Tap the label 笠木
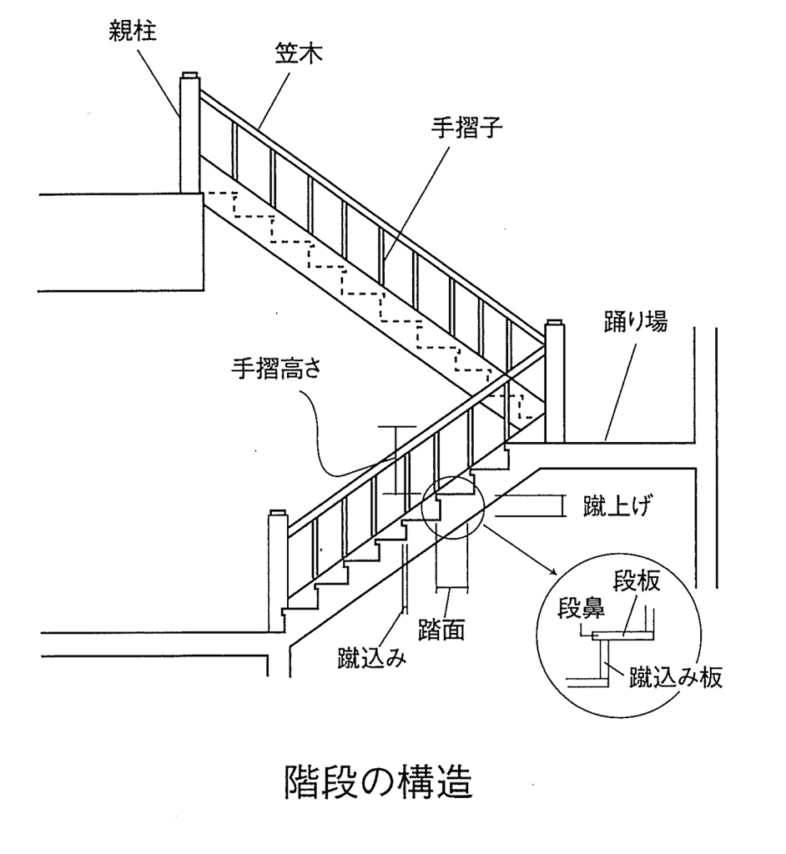[298, 53]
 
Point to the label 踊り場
[635, 321]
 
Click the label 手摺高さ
[276, 369]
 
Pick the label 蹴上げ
[617, 506]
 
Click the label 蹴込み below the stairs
[372, 658]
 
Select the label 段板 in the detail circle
[637, 581]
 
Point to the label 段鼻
[581, 609]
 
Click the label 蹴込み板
[676, 677]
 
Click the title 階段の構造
[378, 782]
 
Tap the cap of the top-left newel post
[190, 74]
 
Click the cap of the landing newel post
[555, 322]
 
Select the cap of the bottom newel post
[278, 513]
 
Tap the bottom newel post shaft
[278, 574]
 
